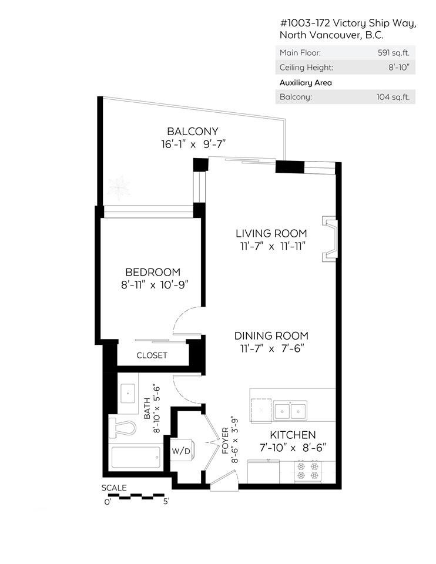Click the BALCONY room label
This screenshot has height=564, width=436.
tap(192, 131)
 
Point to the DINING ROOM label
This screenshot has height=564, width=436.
tap(271, 335)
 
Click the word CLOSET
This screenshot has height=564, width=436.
tap(152, 355)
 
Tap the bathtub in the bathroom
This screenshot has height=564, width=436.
tap(135, 458)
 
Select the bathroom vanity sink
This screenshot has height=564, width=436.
tap(128, 393)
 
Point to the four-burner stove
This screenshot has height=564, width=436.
tap(308, 471)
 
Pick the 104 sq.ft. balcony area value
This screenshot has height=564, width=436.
tap(393, 97)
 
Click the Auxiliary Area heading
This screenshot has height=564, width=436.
tap(306, 82)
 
